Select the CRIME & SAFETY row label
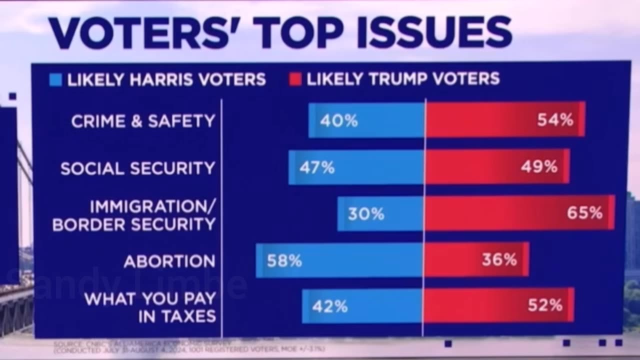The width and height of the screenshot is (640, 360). tap(143, 121)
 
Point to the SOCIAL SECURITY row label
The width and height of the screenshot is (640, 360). tap(137, 168)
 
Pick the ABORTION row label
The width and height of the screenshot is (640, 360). tap(169, 261)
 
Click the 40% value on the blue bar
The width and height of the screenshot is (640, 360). tap(339, 121)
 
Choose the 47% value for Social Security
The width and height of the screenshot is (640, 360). tap(317, 168)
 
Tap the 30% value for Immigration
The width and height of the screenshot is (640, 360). tap(366, 214)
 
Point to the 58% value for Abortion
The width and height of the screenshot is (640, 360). tap(284, 261)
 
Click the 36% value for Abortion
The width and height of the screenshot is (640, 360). tap(499, 260)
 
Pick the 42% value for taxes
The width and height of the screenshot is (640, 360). tap(330, 306)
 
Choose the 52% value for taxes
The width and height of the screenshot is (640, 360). tap(545, 305)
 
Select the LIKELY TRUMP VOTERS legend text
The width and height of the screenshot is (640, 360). tap(403, 79)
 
